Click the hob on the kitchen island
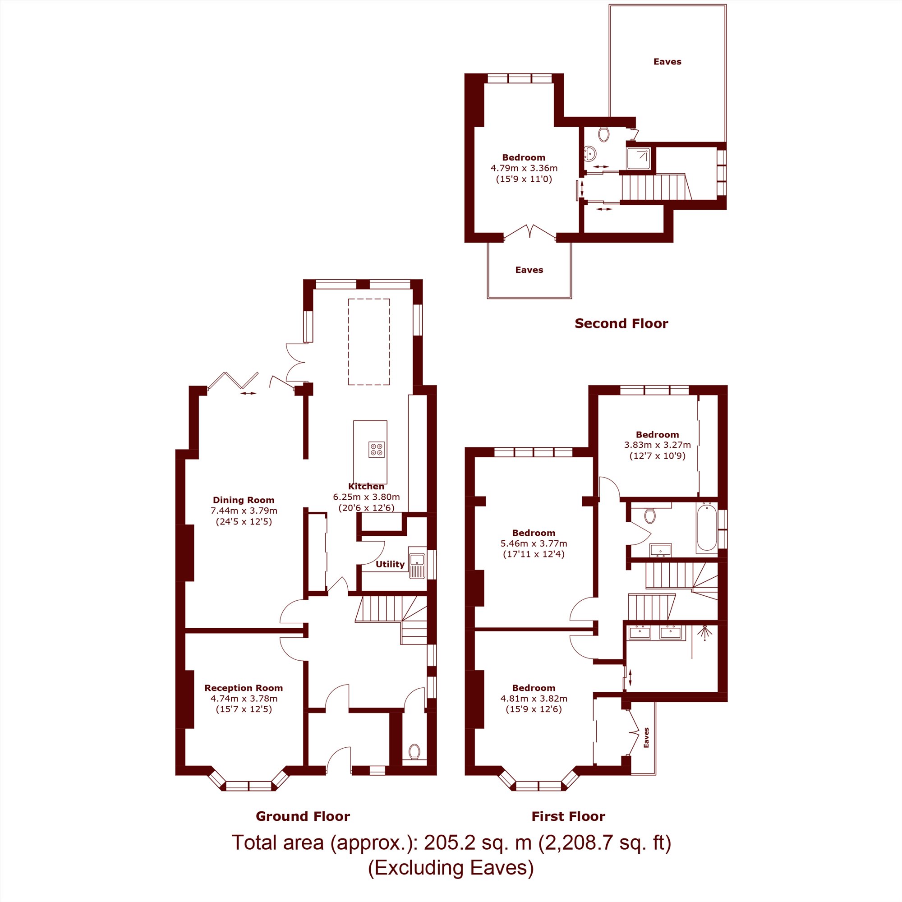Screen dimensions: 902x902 [x=377, y=450]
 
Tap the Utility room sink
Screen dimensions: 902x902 [x=417, y=563]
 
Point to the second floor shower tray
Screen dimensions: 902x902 [x=639, y=159]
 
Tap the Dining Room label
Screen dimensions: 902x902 [x=244, y=500]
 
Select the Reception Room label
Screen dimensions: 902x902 [x=244, y=688]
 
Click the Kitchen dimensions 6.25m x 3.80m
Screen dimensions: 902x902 [x=367, y=497]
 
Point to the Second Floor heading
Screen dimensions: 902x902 [x=621, y=323]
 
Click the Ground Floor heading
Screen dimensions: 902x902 [x=303, y=817]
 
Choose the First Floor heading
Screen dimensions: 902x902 [x=569, y=817]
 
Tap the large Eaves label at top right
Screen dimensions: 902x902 [x=667, y=62]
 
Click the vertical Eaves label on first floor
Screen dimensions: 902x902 [x=647, y=738]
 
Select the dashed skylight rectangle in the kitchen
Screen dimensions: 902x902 [x=369, y=342]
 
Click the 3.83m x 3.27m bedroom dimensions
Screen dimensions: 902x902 [x=658, y=445]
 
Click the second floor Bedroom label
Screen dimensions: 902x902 [x=524, y=157]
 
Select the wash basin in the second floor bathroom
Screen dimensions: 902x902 [x=589, y=153]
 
